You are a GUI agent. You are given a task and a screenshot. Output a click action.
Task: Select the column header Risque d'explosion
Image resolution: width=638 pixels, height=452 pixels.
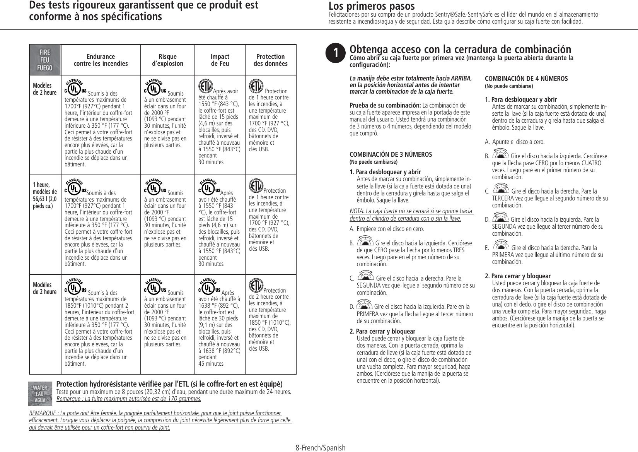167,60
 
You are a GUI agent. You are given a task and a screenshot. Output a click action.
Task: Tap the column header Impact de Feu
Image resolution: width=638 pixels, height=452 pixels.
220,60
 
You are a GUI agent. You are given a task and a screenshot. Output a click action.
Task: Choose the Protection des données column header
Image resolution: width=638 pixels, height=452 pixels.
270,60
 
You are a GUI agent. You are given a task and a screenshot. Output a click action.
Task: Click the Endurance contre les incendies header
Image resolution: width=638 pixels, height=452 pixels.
101,60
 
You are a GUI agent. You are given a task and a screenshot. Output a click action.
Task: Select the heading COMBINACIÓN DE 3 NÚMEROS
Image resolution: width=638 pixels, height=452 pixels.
391,154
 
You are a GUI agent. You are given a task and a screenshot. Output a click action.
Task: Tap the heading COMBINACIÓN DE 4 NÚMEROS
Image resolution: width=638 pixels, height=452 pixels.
526,79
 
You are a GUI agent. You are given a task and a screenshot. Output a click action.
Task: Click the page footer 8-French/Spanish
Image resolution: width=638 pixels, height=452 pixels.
320,448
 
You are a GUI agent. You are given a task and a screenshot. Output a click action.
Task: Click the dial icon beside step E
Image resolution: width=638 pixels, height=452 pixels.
501,246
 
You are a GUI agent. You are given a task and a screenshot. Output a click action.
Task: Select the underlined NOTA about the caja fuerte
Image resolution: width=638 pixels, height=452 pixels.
411,214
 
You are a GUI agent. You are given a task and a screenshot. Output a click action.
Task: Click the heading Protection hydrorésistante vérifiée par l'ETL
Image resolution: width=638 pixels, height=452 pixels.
169,384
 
